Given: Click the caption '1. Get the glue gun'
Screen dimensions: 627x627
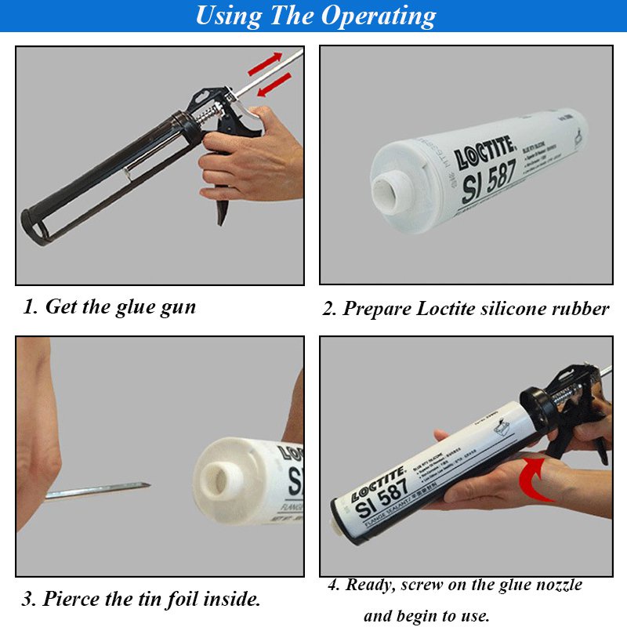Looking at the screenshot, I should [x=109, y=306].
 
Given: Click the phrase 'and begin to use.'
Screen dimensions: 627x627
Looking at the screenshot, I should [x=426, y=616].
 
